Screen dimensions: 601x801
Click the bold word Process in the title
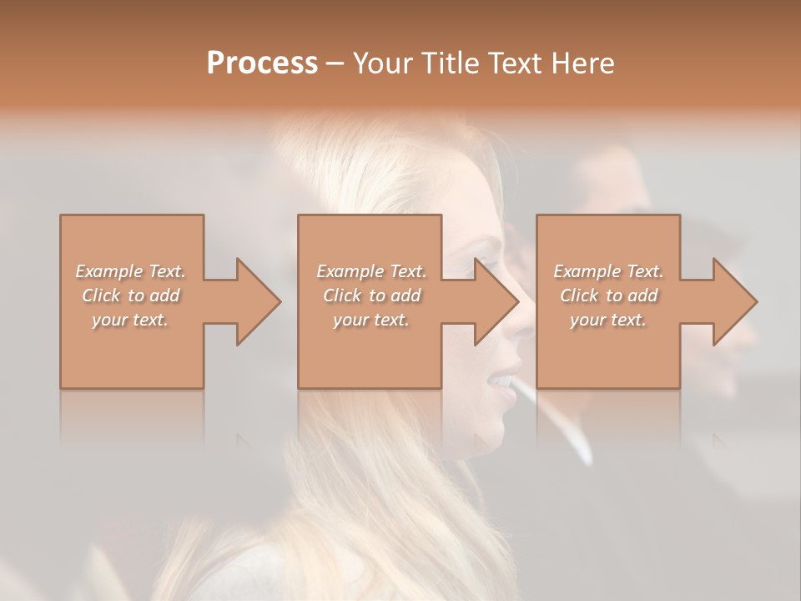[x=262, y=63]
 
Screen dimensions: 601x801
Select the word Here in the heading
[x=583, y=63]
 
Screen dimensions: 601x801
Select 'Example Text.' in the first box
[x=131, y=271]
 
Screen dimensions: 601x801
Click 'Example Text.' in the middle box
[x=371, y=271]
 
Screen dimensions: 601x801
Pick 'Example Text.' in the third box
[x=608, y=271]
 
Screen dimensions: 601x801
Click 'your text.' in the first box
[x=130, y=320]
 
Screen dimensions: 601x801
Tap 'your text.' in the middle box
[x=370, y=320]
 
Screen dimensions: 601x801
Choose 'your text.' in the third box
[x=608, y=320]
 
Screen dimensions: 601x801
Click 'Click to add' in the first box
[x=131, y=295]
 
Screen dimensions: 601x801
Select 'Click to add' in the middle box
[x=371, y=295]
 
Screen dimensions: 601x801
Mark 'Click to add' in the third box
[x=608, y=295]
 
